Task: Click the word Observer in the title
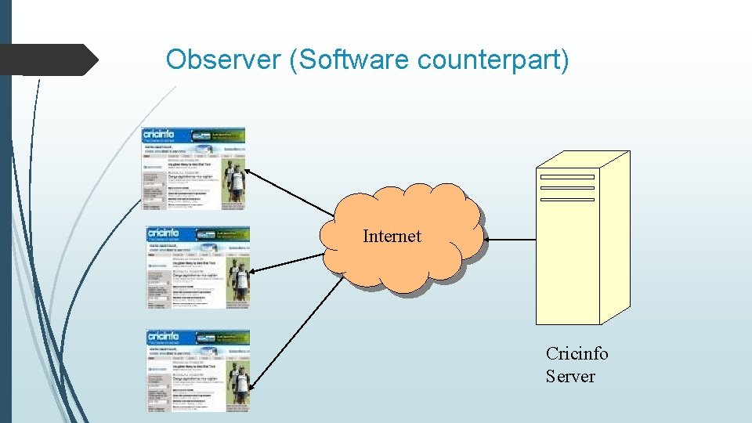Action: [x=224, y=60]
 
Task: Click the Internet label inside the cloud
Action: [x=392, y=236]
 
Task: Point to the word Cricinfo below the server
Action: [x=577, y=353]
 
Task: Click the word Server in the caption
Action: [x=570, y=376]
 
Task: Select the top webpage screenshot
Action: [x=193, y=168]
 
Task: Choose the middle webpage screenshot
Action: [x=197, y=267]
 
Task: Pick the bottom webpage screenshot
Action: [x=197, y=371]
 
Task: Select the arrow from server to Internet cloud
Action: [x=509, y=240]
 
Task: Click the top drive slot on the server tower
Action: [x=567, y=176]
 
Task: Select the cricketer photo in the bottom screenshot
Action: [x=238, y=384]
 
